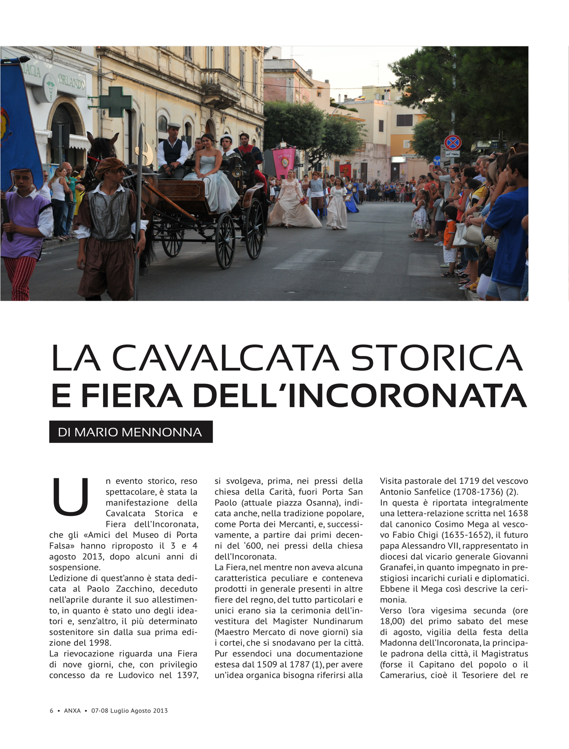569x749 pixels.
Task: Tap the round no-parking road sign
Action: tap(453, 142)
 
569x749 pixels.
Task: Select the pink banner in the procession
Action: tap(284, 162)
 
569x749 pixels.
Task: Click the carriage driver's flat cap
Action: tap(174, 125)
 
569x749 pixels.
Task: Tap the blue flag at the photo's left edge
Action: tap(18, 125)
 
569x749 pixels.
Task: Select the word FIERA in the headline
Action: tap(132, 395)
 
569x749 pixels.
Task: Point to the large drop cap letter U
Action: tap(71, 497)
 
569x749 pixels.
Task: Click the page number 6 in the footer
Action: tap(52, 711)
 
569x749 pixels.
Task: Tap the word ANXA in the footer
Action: tap(72, 711)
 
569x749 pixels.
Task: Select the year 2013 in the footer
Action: tap(160, 711)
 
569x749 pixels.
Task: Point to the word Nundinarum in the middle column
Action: tap(338, 621)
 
